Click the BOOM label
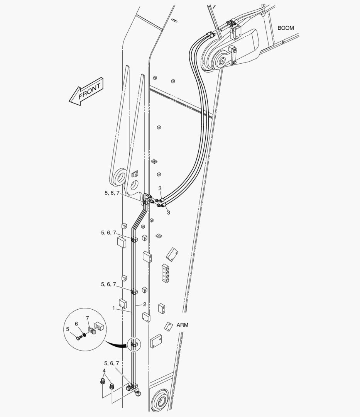(x=286, y=28)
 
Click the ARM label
(x=182, y=325)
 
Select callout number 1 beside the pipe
(x=114, y=308)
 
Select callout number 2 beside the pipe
(x=145, y=305)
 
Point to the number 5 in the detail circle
(x=68, y=329)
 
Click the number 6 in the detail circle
(x=76, y=324)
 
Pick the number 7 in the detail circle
(x=87, y=318)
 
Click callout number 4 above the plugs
(x=104, y=371)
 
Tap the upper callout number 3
(x=160, y=188)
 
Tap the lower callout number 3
(x=168, y=213)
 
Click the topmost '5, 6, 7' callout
(x=112, y=193)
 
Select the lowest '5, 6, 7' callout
(x=112, y=363)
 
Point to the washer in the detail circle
(x=84, y=334)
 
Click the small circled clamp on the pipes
(x=134, y=345)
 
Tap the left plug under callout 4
(x=102, y=381)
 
